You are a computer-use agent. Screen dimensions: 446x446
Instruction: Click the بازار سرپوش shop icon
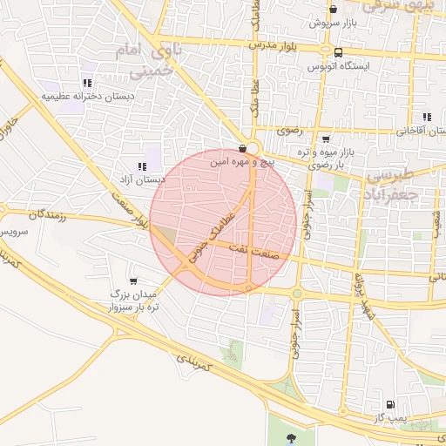point(333,8)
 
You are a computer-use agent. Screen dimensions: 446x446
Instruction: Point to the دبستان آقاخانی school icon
point(427,117)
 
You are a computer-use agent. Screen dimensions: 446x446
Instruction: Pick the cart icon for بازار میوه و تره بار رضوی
point(326,139)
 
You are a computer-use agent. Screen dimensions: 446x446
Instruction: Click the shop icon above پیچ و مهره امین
point(242,148)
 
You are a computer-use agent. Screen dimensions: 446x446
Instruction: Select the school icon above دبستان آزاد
point(141,166)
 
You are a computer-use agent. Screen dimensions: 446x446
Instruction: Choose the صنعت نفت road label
point(251,250)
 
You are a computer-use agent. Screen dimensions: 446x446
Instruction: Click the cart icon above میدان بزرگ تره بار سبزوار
point(132,280)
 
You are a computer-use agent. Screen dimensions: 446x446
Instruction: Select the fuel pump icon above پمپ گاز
point(389,405)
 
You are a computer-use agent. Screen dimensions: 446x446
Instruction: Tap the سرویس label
point(14,233)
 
